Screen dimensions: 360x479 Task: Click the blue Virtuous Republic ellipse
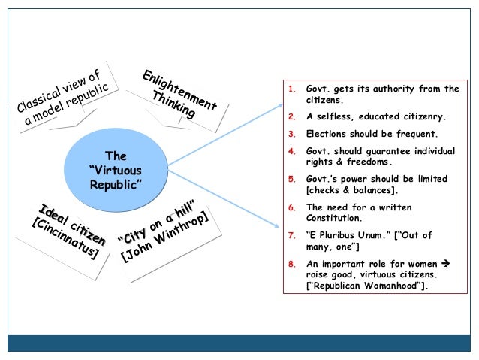pos(116,170)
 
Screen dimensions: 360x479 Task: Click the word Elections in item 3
pos(329,134)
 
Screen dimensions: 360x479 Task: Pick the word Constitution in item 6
pos(337,219)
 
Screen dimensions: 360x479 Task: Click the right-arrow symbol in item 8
pos(444,264)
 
